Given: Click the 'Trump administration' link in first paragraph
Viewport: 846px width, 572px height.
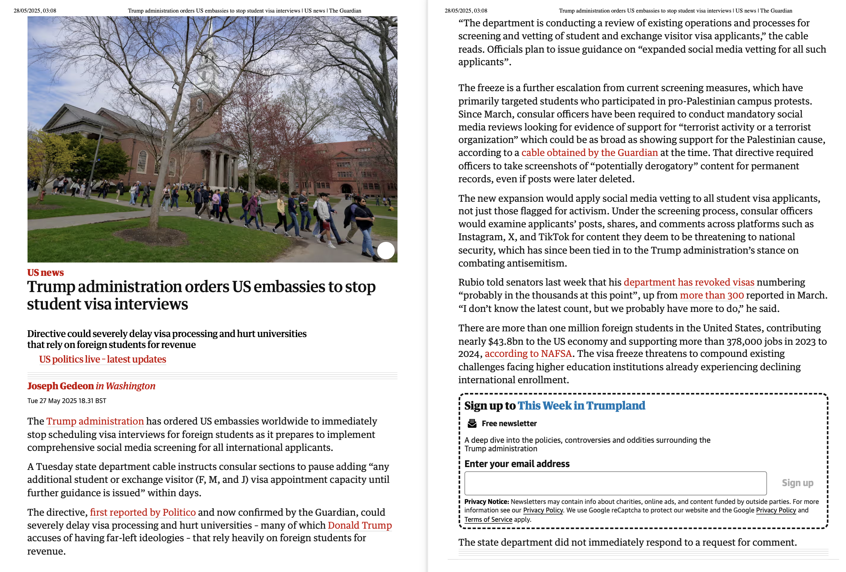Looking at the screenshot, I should click(x=95, y=421).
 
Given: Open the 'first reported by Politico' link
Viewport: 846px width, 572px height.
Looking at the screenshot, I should click(x=142, y=512).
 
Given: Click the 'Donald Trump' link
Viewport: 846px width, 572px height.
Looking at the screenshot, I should click(x=359, y=525).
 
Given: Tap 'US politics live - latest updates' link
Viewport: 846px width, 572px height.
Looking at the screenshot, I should click(x=102, y=359).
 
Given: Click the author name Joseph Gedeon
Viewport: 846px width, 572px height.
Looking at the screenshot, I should click(x=61, y=386).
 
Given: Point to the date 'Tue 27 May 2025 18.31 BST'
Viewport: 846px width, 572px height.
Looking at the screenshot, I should click(x=67, y=401).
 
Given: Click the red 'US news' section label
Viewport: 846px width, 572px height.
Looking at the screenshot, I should click(x=45, y=273).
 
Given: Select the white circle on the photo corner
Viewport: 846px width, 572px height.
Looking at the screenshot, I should click(x=386, y=250).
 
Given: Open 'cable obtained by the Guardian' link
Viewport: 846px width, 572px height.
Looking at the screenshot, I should click(x=589, y=153).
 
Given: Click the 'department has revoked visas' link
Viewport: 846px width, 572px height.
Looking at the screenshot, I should click(x=689, y=282).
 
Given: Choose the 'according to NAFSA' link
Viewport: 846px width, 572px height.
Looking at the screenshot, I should click(x=528, y=354).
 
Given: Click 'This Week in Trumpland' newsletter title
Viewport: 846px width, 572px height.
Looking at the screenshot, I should click(x=581, y=406).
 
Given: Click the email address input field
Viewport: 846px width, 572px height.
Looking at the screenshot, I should click(x=615, y=483).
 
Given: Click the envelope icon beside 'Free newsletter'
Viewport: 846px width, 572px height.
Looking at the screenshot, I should click(x=472, y=423).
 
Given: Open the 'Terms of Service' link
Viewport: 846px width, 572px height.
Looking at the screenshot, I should click(x=488, y=519).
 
